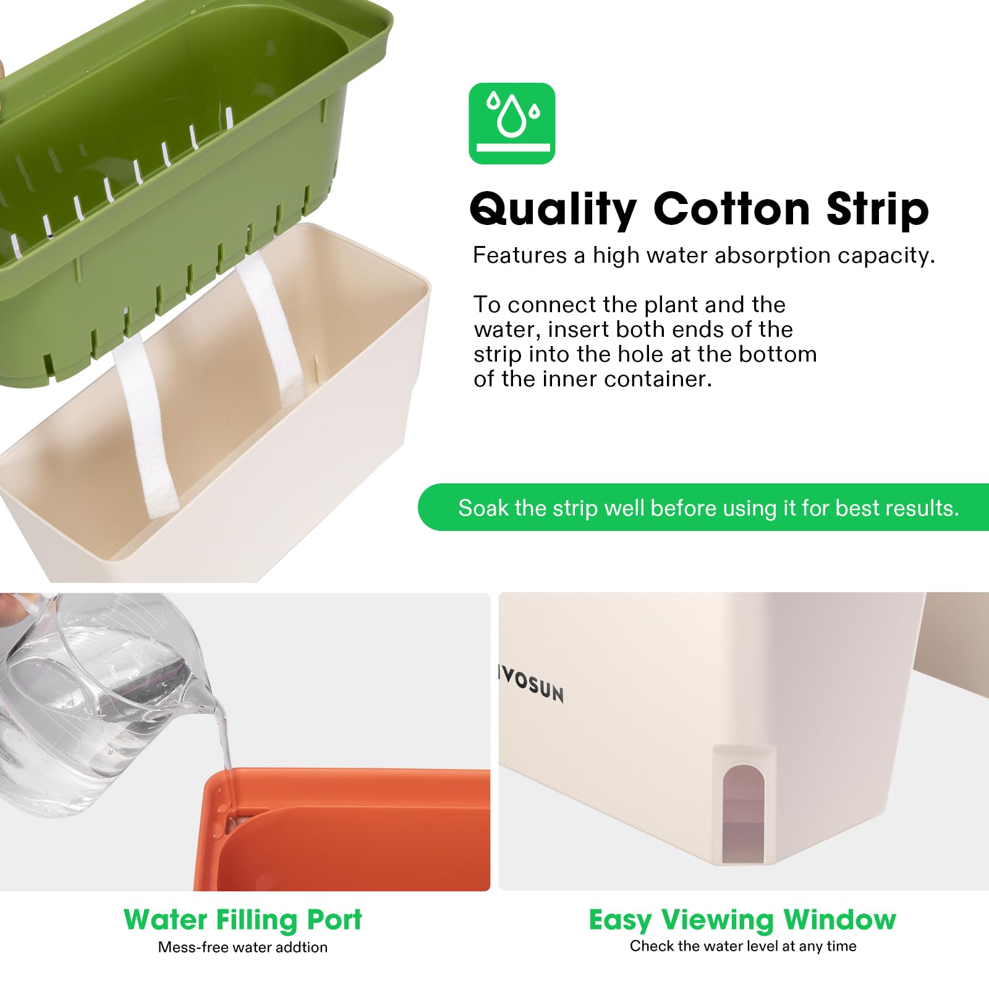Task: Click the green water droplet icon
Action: pyautogui.click(x=512, y=124)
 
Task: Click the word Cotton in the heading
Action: pyautogui.click(x=732, y=209)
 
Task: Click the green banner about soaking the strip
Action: pyautogui.click(x=703, y=507)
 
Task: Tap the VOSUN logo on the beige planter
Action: pyautogui.click(x=532, y=685)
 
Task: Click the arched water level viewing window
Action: pyautogui.click(x=744, y=813)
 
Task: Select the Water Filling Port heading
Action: pyautogui.click(x=243, y=920)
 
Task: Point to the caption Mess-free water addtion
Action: pyautogui.click(x=243, y=947)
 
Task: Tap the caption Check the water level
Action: pyautogui.click(x=743, y=946)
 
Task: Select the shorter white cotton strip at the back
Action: pyautogui.click(x=272, y=330)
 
